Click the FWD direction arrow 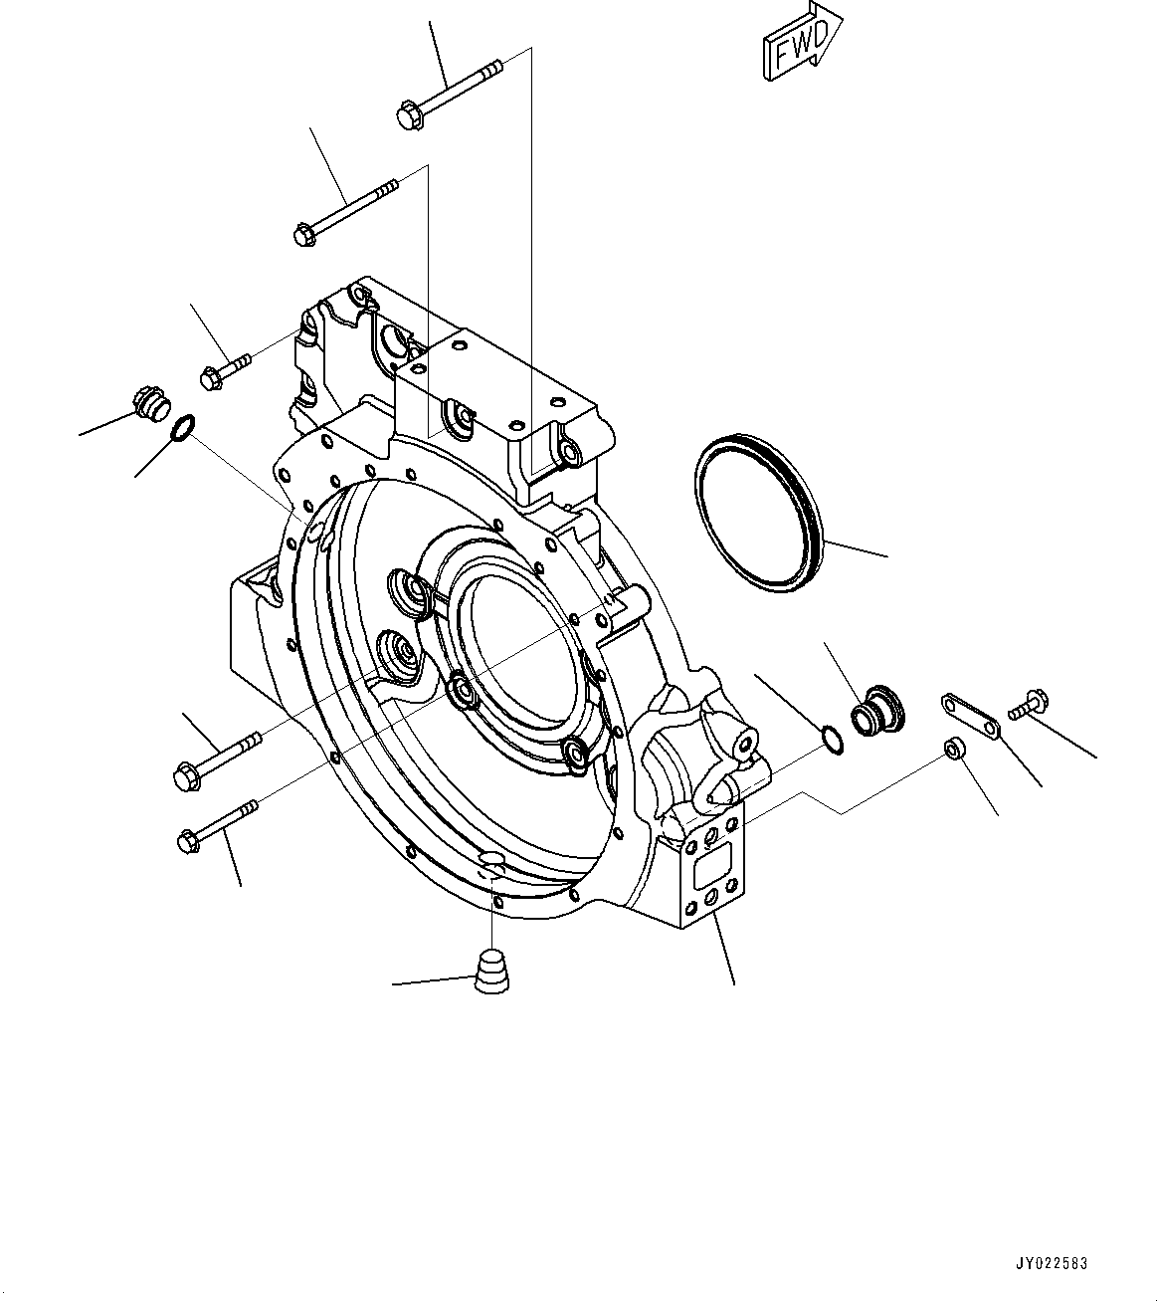point(802,43)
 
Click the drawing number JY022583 point(1052,1263)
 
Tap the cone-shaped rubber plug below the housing point(490,972)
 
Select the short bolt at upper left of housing point(225,371)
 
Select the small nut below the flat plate point(953,749)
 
